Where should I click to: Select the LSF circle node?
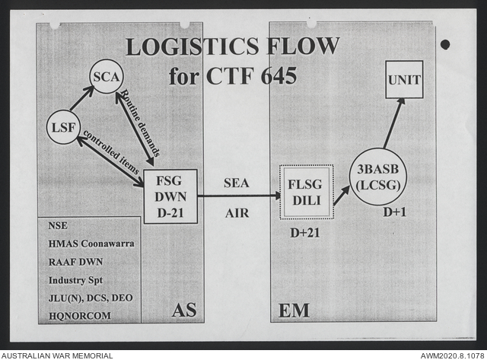pos(63,127)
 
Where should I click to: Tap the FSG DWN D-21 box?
pos(170,196)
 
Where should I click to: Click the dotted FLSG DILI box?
pos(306,192)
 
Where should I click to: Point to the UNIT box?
pos(404,79)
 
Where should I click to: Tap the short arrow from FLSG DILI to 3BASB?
pos(341,196)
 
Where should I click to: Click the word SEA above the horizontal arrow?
pos(237,183)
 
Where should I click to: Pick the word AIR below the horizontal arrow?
pos(237,213)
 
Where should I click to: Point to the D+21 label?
pos(304,232)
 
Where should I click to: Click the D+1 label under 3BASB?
pos(394,212)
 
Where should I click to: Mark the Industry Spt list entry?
pos(75,279)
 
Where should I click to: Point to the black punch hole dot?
pos(445,44)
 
